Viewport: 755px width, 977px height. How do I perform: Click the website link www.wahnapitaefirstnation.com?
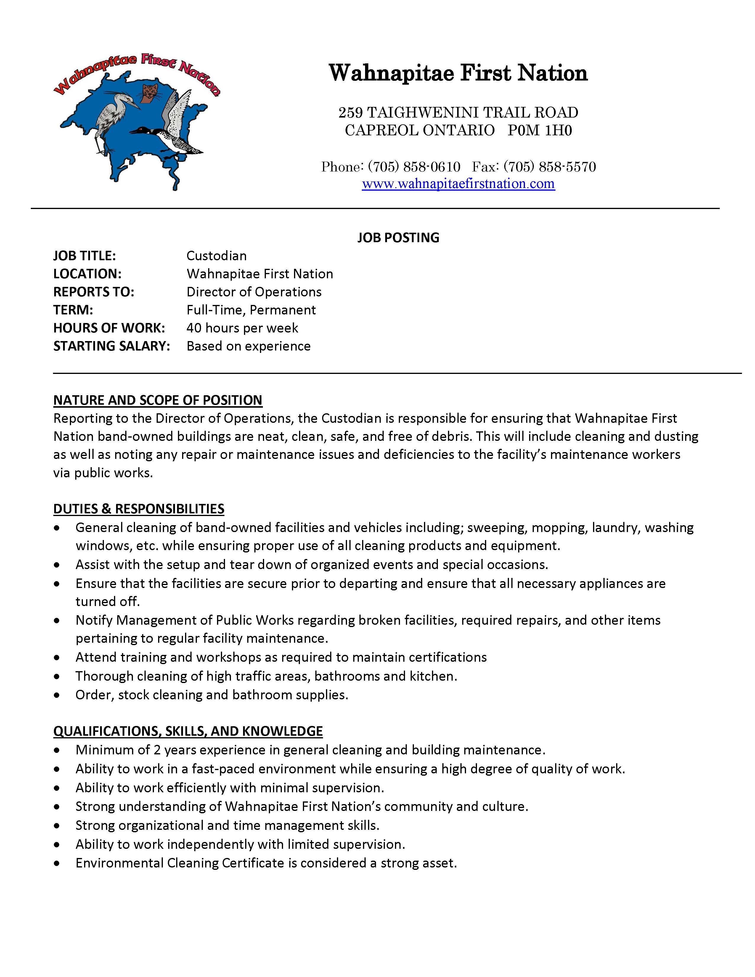(458, 184)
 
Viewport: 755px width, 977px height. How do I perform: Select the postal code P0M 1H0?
(539, 130)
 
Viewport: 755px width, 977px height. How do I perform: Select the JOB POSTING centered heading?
(398, 237)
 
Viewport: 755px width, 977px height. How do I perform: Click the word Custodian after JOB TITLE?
(216, 256)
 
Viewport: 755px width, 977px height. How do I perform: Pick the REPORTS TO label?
(94, 292)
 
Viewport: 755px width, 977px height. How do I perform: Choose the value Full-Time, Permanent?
(251, 310)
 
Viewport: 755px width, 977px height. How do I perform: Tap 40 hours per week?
(242, 328)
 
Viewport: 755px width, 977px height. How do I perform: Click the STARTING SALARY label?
(111, 346)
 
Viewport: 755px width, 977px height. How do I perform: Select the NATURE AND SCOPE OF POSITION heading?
(158, 400)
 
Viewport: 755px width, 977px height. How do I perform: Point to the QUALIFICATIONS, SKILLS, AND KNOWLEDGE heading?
(188, 731)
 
